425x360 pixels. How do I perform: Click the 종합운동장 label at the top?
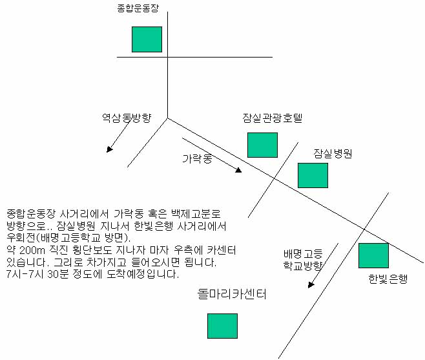138,8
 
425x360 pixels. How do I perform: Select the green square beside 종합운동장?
147,39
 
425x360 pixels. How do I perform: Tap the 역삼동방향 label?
127,118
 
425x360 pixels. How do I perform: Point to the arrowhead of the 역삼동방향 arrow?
109,149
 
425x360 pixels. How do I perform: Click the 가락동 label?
197,158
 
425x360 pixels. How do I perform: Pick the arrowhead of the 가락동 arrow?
238,170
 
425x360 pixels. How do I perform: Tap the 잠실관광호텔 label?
272,118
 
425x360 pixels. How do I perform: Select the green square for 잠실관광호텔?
262,145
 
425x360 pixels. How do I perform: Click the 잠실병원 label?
333,154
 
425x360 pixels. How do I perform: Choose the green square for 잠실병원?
313,175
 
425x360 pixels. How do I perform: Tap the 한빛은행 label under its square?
388,279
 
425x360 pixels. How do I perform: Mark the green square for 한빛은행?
373,255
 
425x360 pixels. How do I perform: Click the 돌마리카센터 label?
232,294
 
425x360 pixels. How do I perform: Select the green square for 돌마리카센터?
223,326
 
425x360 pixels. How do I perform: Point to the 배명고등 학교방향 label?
303,260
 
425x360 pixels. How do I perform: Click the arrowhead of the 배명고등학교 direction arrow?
311,285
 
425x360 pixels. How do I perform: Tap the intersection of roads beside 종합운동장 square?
167,58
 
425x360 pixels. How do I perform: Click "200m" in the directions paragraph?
32,250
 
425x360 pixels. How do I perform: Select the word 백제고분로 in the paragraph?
196,214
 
